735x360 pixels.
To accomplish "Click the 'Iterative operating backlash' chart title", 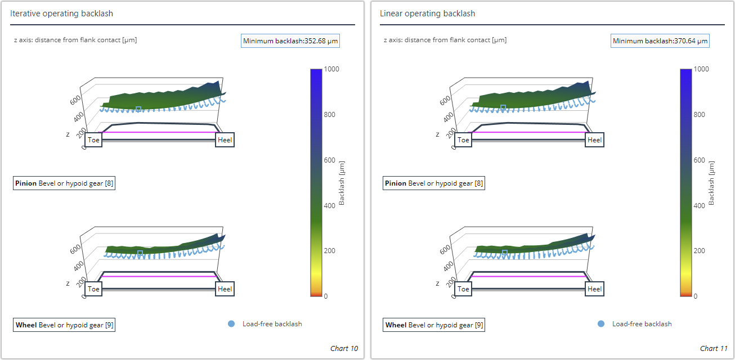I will [x=61, y=13].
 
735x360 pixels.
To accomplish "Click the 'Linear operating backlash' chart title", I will [x=427, y=13].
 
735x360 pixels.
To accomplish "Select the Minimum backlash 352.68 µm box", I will [x=291, y=40].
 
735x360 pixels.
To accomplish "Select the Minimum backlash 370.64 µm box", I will [x=660, y=40].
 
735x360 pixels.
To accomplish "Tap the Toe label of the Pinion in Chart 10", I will [x=94, y=140].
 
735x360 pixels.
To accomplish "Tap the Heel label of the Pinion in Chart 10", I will [x=225, y=140].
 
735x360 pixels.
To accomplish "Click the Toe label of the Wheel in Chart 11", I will [x=463, y=289].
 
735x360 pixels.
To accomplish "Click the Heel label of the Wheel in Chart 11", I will [x=594, y=289].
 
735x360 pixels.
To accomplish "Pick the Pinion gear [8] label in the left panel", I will [x=64, y=183].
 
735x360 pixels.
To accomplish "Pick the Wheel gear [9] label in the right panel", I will [x=433, y=325].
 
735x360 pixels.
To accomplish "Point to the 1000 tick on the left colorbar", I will [x=332, y=69].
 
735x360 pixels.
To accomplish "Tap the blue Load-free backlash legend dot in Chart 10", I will [x=231, y=324].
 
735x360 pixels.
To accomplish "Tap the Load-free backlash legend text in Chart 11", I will [x=642, y=324].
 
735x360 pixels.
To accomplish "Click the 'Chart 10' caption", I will [x=344, y=349].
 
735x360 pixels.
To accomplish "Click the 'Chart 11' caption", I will [x=713, y=349].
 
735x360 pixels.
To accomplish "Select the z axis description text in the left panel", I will [x=75, y=40].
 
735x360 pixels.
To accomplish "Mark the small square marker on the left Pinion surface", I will [x=139, y=109].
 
